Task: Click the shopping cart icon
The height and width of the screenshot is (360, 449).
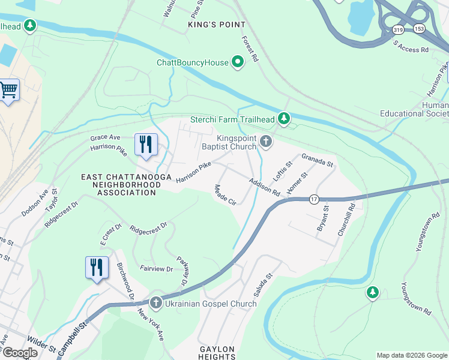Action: [x=8, y=91]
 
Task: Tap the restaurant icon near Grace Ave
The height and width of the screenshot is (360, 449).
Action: [x=146, y=145]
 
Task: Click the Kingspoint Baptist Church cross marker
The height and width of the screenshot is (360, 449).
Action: [x=266, y=142]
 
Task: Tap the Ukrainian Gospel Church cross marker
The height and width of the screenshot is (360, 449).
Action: [x=156, y=303]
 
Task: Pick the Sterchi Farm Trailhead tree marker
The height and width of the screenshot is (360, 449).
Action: [x=284, y=119]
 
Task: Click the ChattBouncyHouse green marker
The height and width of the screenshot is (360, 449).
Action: [x=238, y=62]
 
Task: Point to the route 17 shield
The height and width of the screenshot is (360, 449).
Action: [x=313, y=199]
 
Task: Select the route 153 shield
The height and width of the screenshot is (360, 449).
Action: [x=415, y=29]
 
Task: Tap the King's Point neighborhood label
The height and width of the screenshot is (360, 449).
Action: [x=217, y=25]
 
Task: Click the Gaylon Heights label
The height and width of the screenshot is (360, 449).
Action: [x=217, y=352]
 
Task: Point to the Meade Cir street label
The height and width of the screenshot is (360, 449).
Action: [x=225, y=195]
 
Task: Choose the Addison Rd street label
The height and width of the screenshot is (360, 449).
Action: [x=264, y=187]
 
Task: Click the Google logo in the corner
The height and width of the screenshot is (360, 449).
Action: [x=19, y=353]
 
